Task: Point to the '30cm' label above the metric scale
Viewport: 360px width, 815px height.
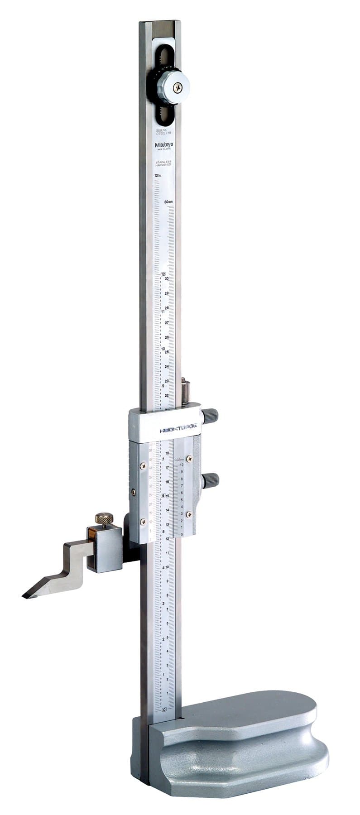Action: tap(169, 202)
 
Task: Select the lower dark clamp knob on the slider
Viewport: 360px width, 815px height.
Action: tap(210, 479)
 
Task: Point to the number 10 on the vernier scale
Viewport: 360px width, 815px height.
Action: tap(182, 465)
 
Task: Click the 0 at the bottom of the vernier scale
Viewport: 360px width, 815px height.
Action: tap(182, 535)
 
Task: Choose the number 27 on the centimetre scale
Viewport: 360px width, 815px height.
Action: tap(167, 323)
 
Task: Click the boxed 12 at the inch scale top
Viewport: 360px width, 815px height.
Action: tap(163, 273)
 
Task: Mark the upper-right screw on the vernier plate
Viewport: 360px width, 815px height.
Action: tap(190, 458)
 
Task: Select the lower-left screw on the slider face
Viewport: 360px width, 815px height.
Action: tap(144, 522)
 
